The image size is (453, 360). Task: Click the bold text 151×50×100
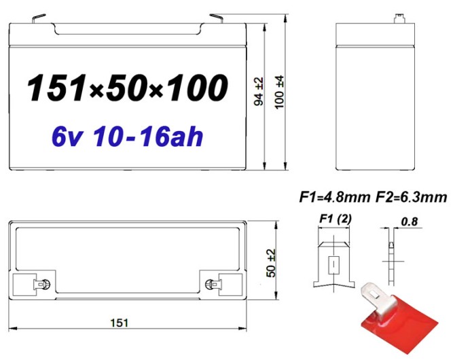click(127, 88)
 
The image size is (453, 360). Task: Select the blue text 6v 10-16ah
click(127, 137)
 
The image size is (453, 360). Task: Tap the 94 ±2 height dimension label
click(258, 92)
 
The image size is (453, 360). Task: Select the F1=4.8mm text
click(334, 198)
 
